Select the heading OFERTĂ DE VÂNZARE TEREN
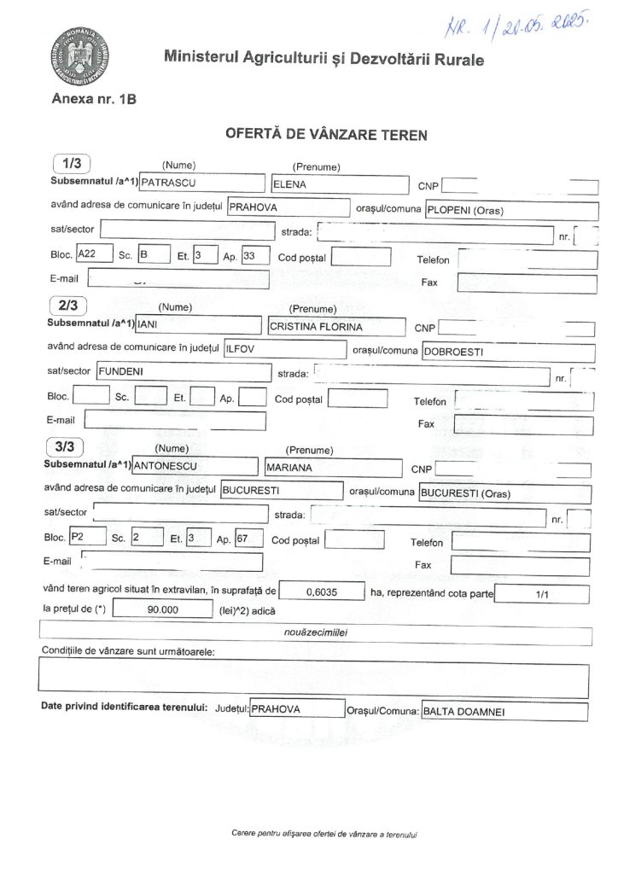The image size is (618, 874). [x=325, y=134]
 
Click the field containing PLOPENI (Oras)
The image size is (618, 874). [x=510, y=209]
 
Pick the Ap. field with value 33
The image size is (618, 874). [x=255, y=254]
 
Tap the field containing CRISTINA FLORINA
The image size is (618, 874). [x=335, y=325]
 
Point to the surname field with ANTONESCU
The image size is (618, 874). [x=195, y=467]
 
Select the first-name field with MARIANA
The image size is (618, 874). [x=332, y=467]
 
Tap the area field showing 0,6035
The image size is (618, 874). [x=319, y=591]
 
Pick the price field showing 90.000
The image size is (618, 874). [x=161, y=609]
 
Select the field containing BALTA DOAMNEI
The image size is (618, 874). [x=503, y=710]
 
